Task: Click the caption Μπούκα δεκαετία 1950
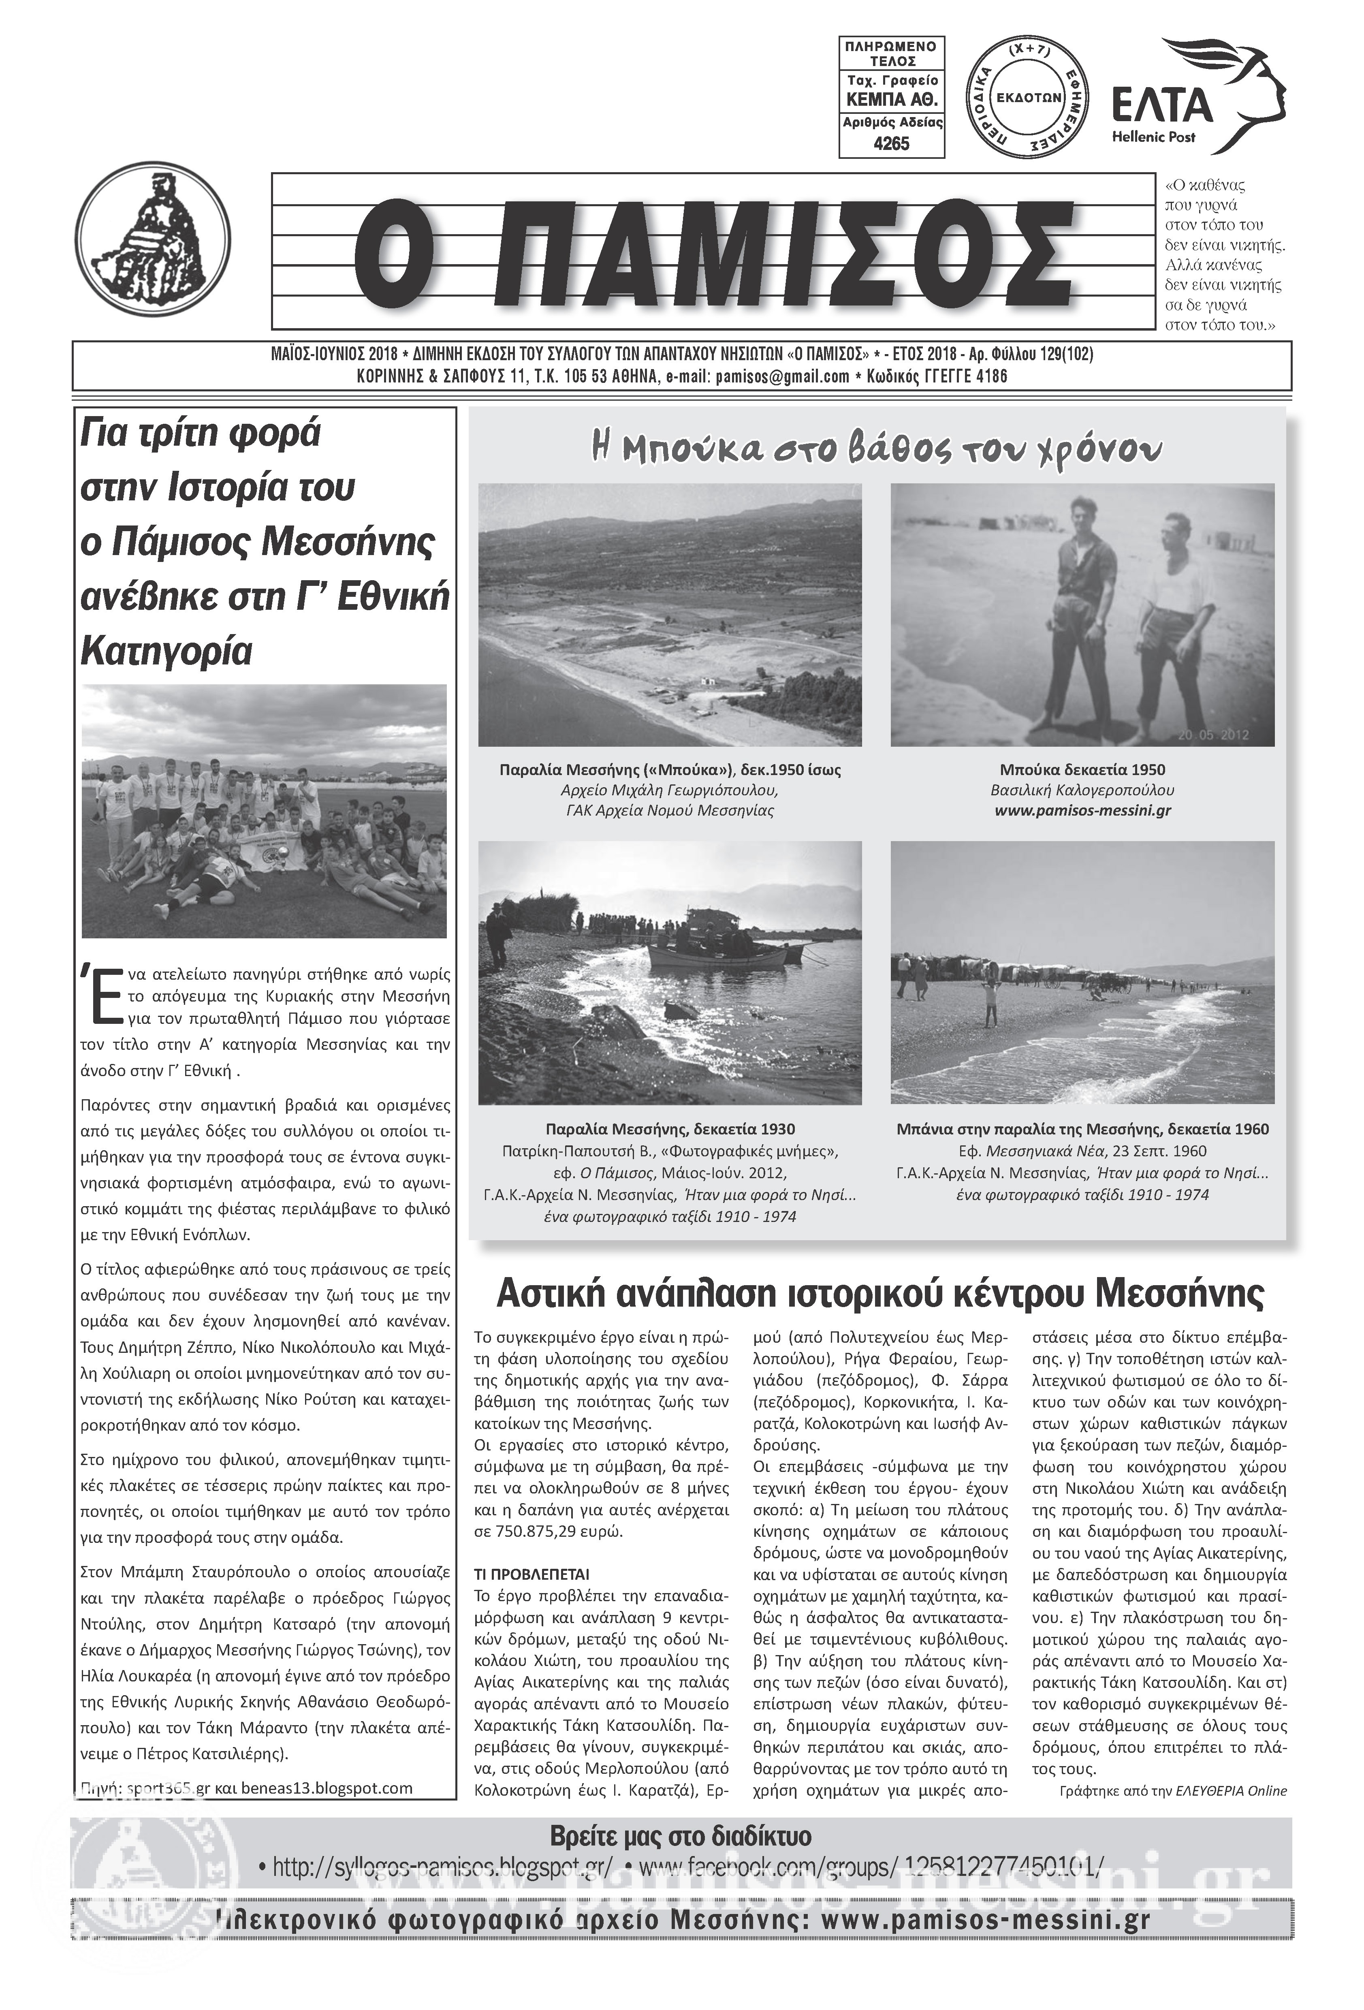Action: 1082,770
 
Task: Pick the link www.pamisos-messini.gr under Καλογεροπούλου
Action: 1082,811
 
